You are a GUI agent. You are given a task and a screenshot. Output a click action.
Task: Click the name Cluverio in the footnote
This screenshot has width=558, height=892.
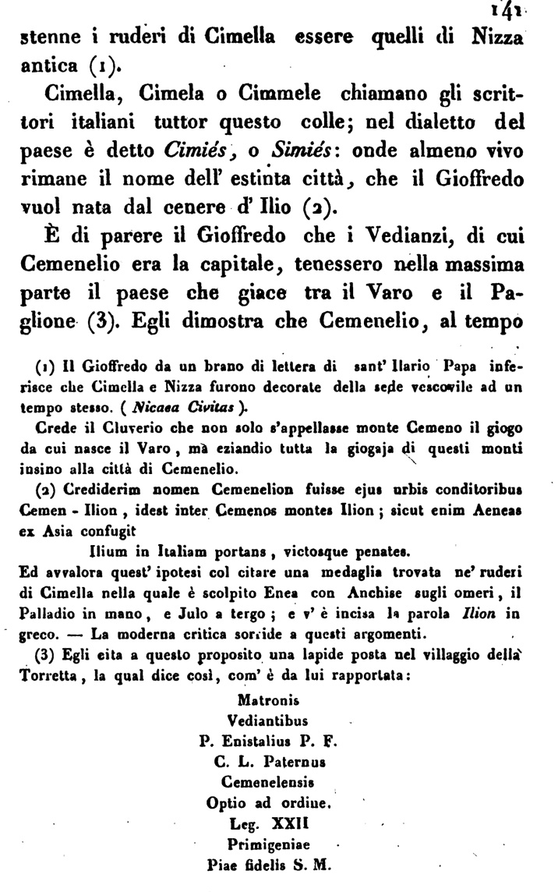point(112,427)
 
